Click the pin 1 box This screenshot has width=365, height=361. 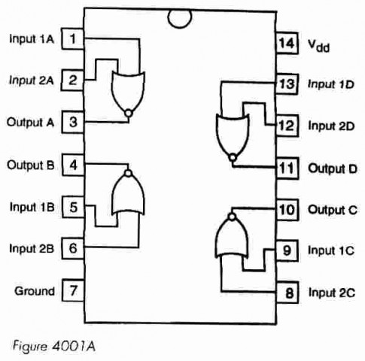tap(73, 39)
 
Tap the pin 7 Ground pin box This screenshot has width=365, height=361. tap(73, 290)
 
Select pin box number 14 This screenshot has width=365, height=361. tap(287, 43)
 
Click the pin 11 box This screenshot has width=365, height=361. tap(287, 168)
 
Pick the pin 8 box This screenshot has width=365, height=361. tap(287, 293)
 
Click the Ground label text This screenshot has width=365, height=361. tap(35, 291)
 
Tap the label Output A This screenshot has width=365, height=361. tap(30, 123)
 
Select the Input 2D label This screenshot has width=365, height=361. tap(331, 126)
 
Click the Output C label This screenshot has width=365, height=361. tap(333, 210)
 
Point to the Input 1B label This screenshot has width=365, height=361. tap(32, 207)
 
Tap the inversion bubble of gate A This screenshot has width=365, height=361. tap(129, 114)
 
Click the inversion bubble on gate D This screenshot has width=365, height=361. tap(233, 158)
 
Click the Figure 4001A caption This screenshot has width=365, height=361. tap(54, 347)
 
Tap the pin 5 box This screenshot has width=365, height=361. tap(73, 207)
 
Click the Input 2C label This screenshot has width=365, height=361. tap(332, 293)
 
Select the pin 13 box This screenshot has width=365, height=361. tap(287, 84)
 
